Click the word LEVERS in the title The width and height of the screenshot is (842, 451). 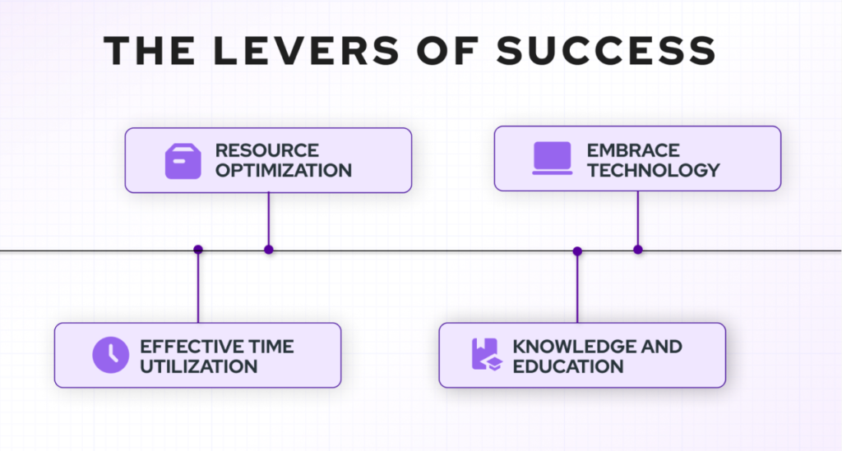tap(306, 51)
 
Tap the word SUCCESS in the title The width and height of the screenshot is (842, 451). tap(606, 51)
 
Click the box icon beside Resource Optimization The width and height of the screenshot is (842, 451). tap(183, 161)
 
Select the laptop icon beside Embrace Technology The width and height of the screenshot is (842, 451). tap(552, 159)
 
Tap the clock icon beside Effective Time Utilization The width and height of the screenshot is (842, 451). tap(111, 355)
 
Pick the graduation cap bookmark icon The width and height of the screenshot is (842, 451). tap(487, 354)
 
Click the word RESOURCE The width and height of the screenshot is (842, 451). tap(267, 150)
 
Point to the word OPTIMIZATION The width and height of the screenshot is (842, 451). tap(284, 171)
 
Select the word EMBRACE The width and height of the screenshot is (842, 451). tap(633, 150)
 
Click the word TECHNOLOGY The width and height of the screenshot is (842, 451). tap(653, 171)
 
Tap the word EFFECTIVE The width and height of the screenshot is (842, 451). tap(184, 347)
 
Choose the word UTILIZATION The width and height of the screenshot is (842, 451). tap(199, 367)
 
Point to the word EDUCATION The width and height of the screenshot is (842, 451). tap(567, 367)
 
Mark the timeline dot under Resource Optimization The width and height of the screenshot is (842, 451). tap(269, 250)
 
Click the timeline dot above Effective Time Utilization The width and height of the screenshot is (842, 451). tap(198, 250)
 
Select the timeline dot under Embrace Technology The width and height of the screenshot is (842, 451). tap(638, 250)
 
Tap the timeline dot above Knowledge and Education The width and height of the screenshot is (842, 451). tap(577, 251)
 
